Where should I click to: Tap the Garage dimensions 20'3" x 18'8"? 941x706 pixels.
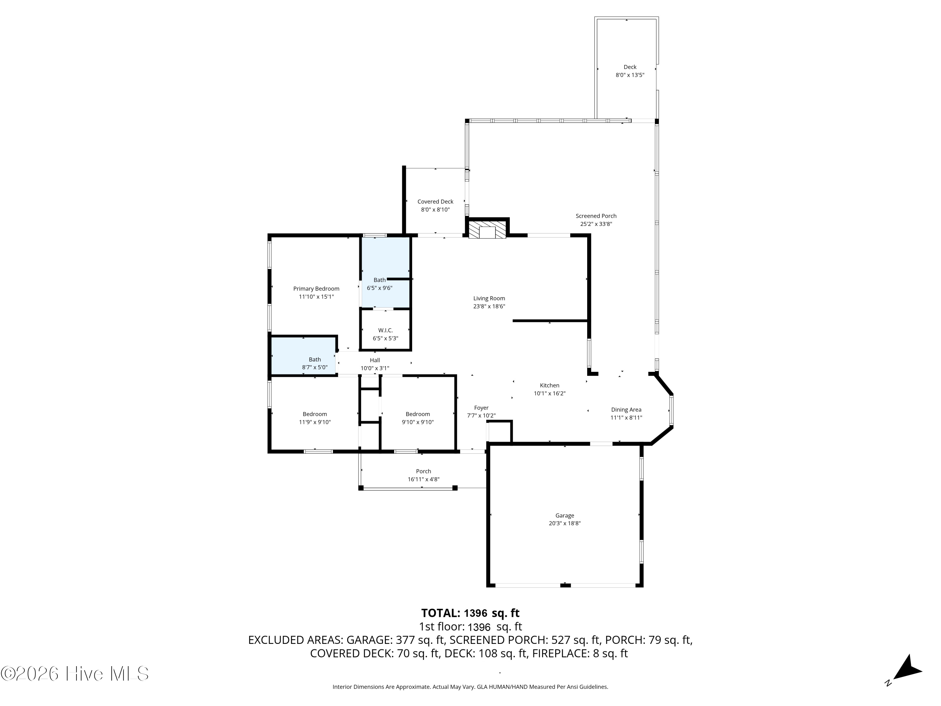[x=565, y=523]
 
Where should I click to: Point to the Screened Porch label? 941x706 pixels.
[x=596, y=216]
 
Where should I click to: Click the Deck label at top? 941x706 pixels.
[x=630, y=67]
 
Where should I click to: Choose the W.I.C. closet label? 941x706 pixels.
[x=385, y=330]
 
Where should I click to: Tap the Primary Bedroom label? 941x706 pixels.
[x=316, y=289]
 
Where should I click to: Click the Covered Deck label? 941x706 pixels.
[x=435, y=202]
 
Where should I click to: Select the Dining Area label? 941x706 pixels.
[x=626, y=410]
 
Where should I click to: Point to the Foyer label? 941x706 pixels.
[x=481, y=408]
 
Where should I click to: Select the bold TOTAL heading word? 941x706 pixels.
[x=440, y=613]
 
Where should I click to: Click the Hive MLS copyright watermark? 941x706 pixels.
[x=74, y=673]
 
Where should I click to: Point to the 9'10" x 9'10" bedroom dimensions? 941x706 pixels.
[x=418, y=422]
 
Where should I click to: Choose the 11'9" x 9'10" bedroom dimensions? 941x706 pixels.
[x=315, y=422]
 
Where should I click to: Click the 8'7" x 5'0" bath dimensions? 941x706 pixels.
[x=315, y=367]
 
